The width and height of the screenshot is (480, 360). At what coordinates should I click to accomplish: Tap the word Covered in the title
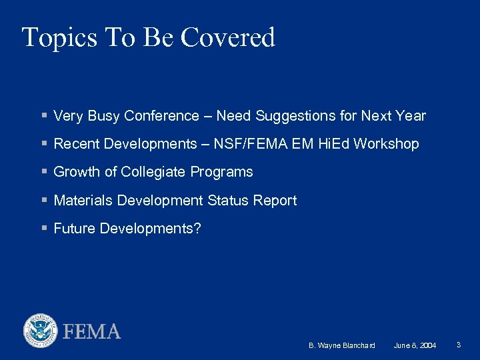228,38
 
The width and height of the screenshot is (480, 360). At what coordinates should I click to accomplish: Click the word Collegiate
153,172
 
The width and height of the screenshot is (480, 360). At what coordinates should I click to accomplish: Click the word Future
74,229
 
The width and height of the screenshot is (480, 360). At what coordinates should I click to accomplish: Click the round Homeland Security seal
41,331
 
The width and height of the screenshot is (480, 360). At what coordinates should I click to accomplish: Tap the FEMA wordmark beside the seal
92,331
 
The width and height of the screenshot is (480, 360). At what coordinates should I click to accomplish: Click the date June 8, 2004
415,345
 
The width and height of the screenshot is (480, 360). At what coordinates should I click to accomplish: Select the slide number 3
459,345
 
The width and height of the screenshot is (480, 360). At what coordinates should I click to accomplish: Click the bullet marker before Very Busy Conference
44,116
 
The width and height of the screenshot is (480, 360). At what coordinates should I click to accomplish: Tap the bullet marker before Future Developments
44,229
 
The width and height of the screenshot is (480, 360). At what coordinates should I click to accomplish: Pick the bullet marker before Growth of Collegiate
44,172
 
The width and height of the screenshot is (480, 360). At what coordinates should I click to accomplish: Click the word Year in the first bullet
411,116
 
